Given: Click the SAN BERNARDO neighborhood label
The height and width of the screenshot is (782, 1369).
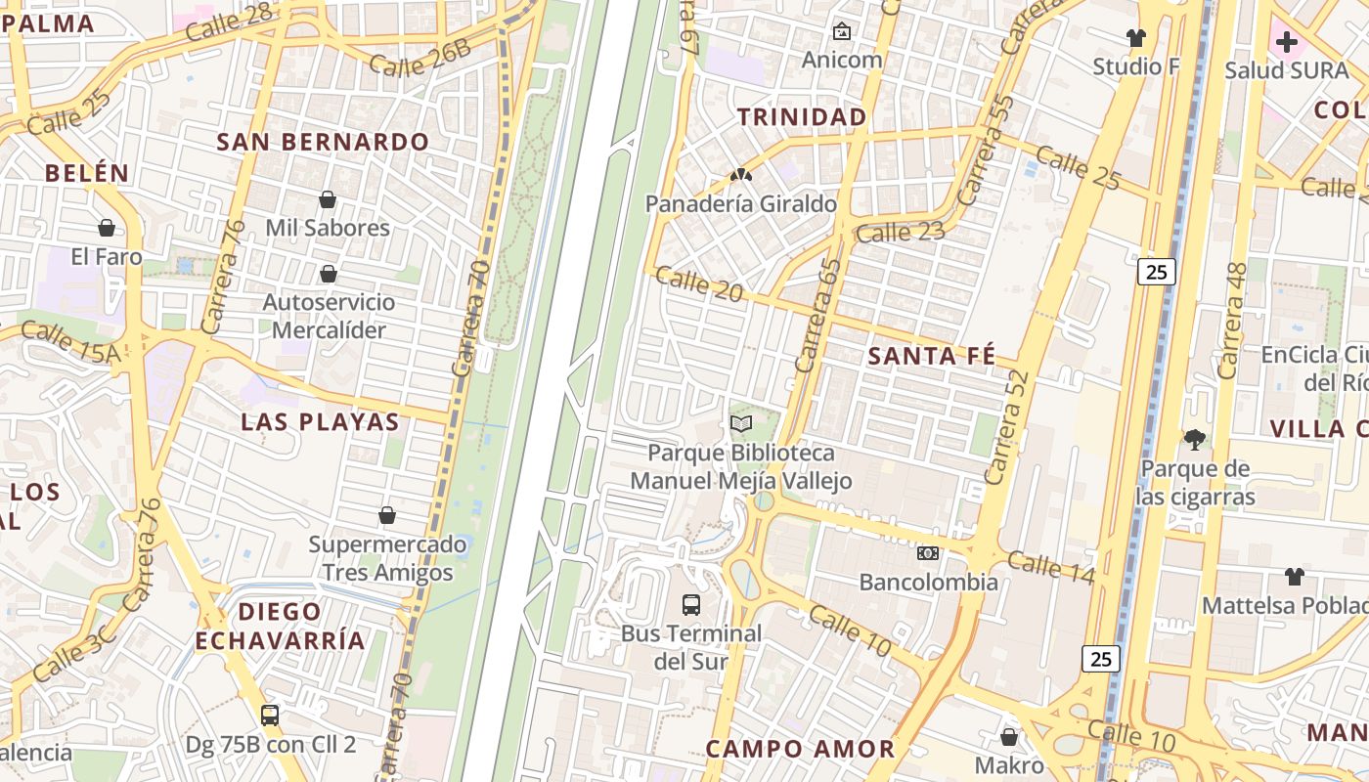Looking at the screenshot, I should click(323, 142).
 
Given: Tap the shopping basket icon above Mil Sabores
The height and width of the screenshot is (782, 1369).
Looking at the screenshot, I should click(328, 200).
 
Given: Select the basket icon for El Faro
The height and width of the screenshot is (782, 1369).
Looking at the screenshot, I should click(107, 229).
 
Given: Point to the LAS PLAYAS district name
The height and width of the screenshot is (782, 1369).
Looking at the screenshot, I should click(321, 422).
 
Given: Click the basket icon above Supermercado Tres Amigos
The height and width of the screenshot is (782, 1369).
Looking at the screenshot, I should click(387, 515).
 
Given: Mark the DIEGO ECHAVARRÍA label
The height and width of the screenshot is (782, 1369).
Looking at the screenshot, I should click(280, 627).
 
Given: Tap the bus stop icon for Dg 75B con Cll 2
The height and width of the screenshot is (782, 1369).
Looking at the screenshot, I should click(270, 716).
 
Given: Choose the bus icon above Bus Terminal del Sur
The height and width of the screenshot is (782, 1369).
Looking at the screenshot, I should click(691, 604).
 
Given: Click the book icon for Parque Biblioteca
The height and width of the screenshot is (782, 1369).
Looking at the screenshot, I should click(741, 424).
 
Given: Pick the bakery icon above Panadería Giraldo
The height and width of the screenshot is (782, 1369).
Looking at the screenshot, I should click(741, 176).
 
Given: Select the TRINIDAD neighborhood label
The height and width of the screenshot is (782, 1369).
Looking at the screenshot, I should click(802, 117).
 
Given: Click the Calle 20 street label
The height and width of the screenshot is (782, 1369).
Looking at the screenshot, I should click(698, 284).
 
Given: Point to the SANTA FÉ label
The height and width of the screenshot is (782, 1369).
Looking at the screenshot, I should click(932, 356).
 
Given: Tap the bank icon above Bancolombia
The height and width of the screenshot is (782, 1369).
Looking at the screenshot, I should click(928, 553).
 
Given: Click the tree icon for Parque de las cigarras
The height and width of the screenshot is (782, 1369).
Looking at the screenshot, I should click(1194, 440).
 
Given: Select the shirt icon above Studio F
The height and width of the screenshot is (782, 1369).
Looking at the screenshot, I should click(1135, 38).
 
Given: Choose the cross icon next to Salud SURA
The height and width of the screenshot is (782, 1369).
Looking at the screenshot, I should click(1287, 42).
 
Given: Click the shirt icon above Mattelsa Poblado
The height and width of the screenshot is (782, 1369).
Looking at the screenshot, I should click(1295, 577).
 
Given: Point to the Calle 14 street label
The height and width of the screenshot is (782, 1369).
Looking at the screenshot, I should click(1050, 567).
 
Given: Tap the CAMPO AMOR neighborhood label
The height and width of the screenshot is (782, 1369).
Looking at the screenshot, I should click(800, 750).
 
